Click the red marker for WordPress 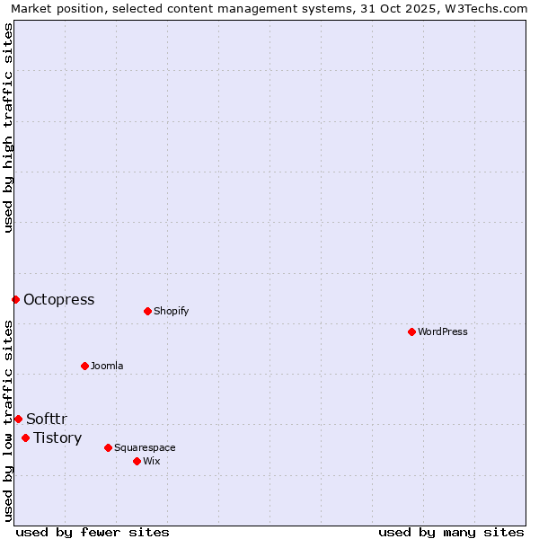pyautogui.click(x=411, y=331)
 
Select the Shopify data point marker pyautogui.click(x=147, y=311)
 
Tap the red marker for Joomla pyautogui.click(x=84, y=366)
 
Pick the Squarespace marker pyautogui.click(x=108, y=447)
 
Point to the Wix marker pyautogui.click(x=137, y=461)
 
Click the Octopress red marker pyautogui.click(x=15, y=299)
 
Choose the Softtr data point pyautogui.click(x=18, y=419)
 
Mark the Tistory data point pyautogui.click(x=25, y=437)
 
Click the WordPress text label pyautogui.click(x=443, y=331)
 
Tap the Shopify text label pyautogui.click(x=172, y=311)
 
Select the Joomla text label pyautogui.click(x=107, y=366)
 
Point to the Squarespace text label pyautogui.click(x=145, y=447)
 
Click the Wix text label pyautogui.click(x=152, y=461)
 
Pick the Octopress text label pyautogui.click(x=59, y=300)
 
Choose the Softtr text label pyautogui.click(x=47, y=420)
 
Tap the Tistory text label pyautogui.click(x=57, y=438)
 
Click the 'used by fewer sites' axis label pyautogui.click(x=93, y=532)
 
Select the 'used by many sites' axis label pyautogui.click(x=451, y=532)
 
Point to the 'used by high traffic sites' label pyautogui.click(x=9, y=128)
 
